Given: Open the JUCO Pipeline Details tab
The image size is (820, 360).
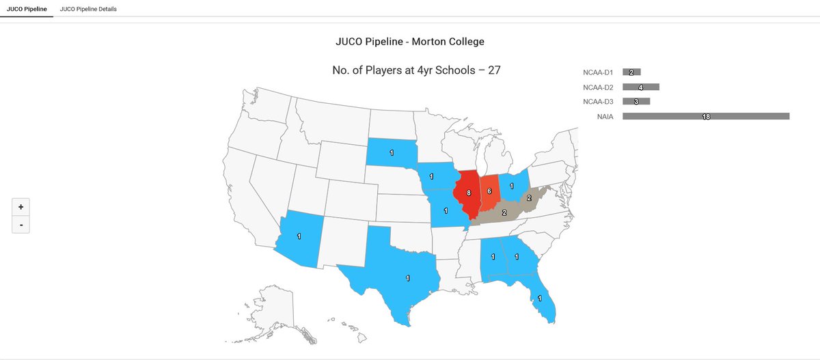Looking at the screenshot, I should [x=88, y=9].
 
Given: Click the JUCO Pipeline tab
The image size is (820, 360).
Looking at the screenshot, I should [x=26, y=9].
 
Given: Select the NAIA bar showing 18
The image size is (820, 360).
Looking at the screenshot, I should [x=706, y=117].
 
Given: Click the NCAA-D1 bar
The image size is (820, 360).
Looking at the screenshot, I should [x=631, y=72].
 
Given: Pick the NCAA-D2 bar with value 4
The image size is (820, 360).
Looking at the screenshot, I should [x=640, y=87].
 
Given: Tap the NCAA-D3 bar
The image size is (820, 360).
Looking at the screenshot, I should [x=636, y=102].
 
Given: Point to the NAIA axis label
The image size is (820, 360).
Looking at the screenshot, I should [x=605, y=117].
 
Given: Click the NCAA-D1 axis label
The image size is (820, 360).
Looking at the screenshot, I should [x=599, y=72].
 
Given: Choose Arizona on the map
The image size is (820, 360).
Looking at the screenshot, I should [x=299, y=236].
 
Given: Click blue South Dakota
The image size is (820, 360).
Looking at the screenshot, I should [x=392, y=152].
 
